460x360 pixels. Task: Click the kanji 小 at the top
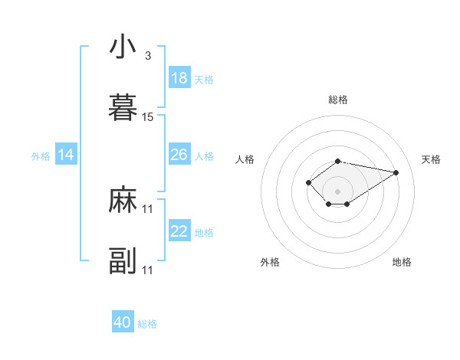(x=123, y=47)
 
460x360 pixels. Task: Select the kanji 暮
(x=123, y=108)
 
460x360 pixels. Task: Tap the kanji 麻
(x=123, y=201)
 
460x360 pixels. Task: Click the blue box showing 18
(x=179, y=78)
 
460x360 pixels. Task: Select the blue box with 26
(x=179, y=155)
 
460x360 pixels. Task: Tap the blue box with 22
(x=179, y=231)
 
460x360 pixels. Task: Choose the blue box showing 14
(x=66, y=155)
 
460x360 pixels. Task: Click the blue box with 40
(x=123, y=322)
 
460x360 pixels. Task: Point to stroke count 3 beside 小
(x=147, y=56)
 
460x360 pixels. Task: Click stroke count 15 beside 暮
(x=148, y=117)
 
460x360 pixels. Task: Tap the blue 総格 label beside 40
(x=147, y=324)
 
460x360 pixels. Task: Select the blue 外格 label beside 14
(x=41, y=156)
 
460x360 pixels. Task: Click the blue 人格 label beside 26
(x=204, y=156)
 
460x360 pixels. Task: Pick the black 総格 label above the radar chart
(x=338, y=100)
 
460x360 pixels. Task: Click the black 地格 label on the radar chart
(x=402, y=262)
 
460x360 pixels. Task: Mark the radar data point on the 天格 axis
(x=396, y=172)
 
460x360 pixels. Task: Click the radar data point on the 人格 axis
(x=308, y=182)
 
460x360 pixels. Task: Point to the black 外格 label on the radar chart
(x=270, y=262)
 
